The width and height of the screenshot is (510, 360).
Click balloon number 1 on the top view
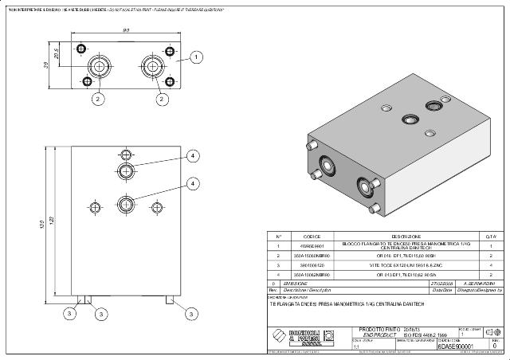[198, 57]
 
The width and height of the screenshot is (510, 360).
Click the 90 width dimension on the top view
[126, 30]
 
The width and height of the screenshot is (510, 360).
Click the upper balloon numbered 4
[192, 157]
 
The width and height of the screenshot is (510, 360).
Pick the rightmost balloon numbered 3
[192, 315]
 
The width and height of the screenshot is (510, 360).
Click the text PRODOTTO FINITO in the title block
[377, 329]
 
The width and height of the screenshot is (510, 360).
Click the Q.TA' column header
[492, 237]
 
